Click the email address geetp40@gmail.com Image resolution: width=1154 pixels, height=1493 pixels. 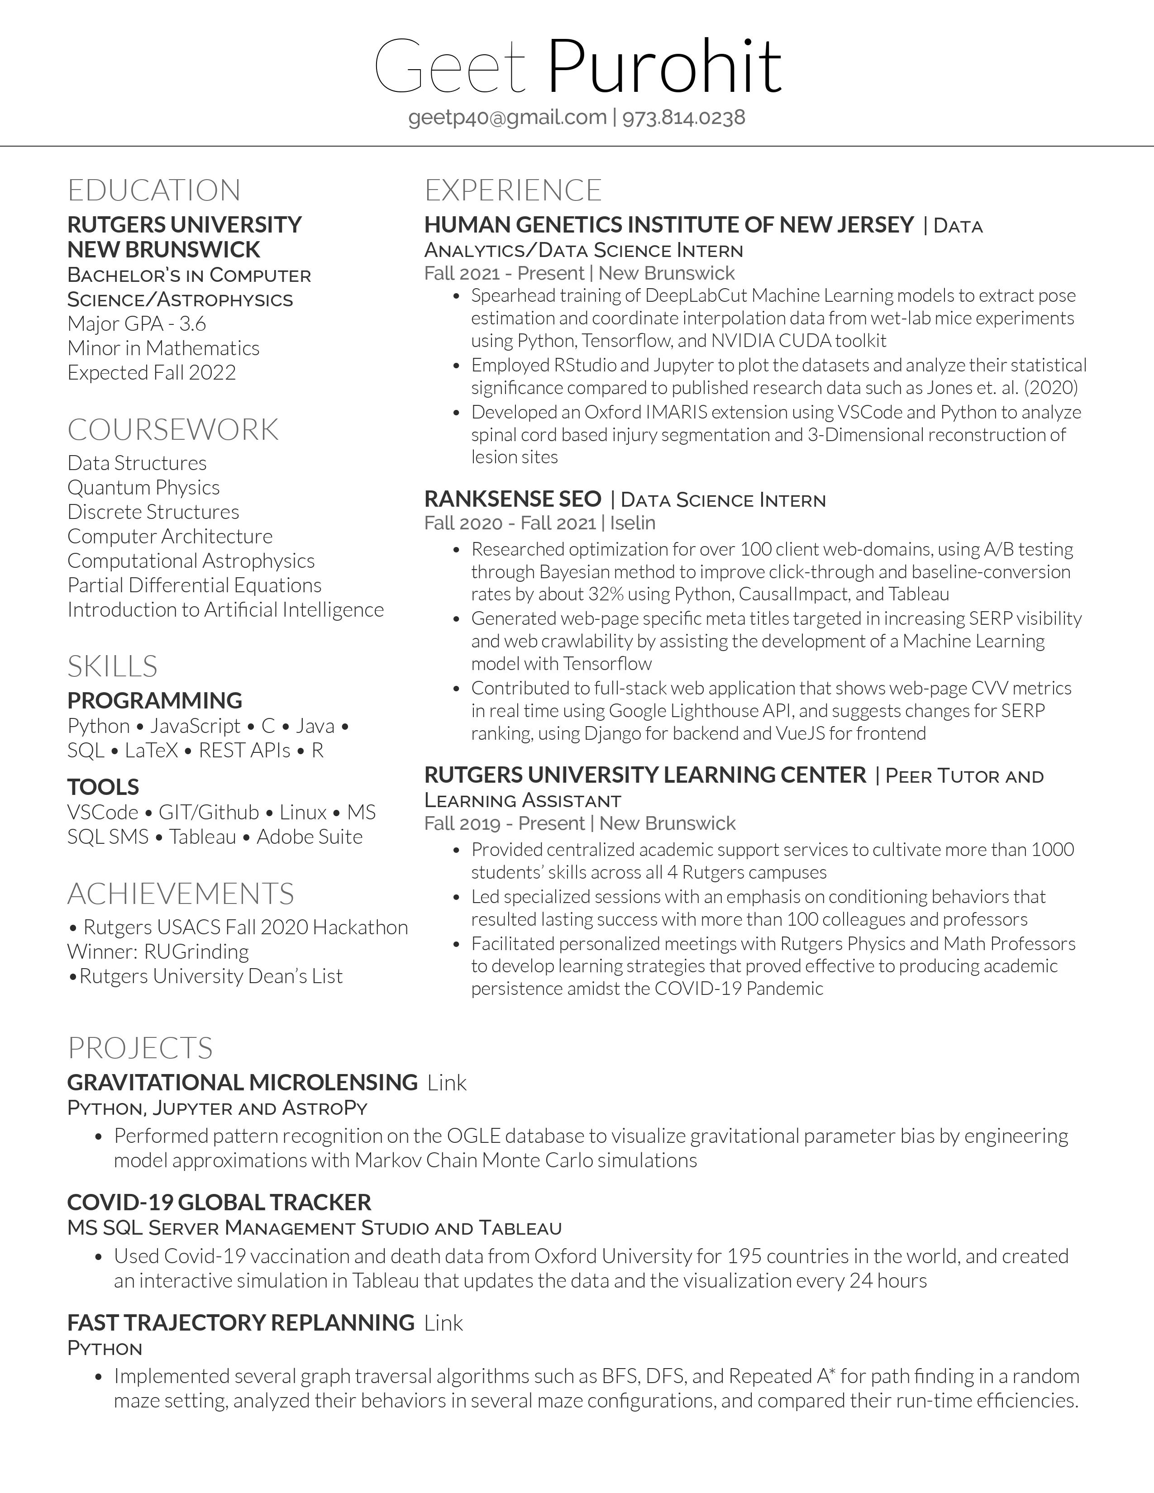click(507, 118)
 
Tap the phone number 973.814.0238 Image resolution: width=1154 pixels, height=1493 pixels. click(684, 118)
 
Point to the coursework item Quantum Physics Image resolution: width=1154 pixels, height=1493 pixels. click(143, 487)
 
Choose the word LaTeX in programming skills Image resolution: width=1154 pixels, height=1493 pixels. click(151, 751)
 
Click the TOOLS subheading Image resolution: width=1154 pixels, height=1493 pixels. click(103, 787)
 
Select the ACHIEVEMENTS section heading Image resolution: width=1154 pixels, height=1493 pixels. click(181, 894)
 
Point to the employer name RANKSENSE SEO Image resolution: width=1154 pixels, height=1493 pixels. click(513, 499)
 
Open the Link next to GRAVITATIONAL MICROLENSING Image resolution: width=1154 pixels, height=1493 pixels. click(447, 1083)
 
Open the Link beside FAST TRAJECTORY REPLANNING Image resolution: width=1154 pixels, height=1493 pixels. click(443, 1323)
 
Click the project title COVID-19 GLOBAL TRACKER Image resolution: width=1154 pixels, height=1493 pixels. click(219, 1203)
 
